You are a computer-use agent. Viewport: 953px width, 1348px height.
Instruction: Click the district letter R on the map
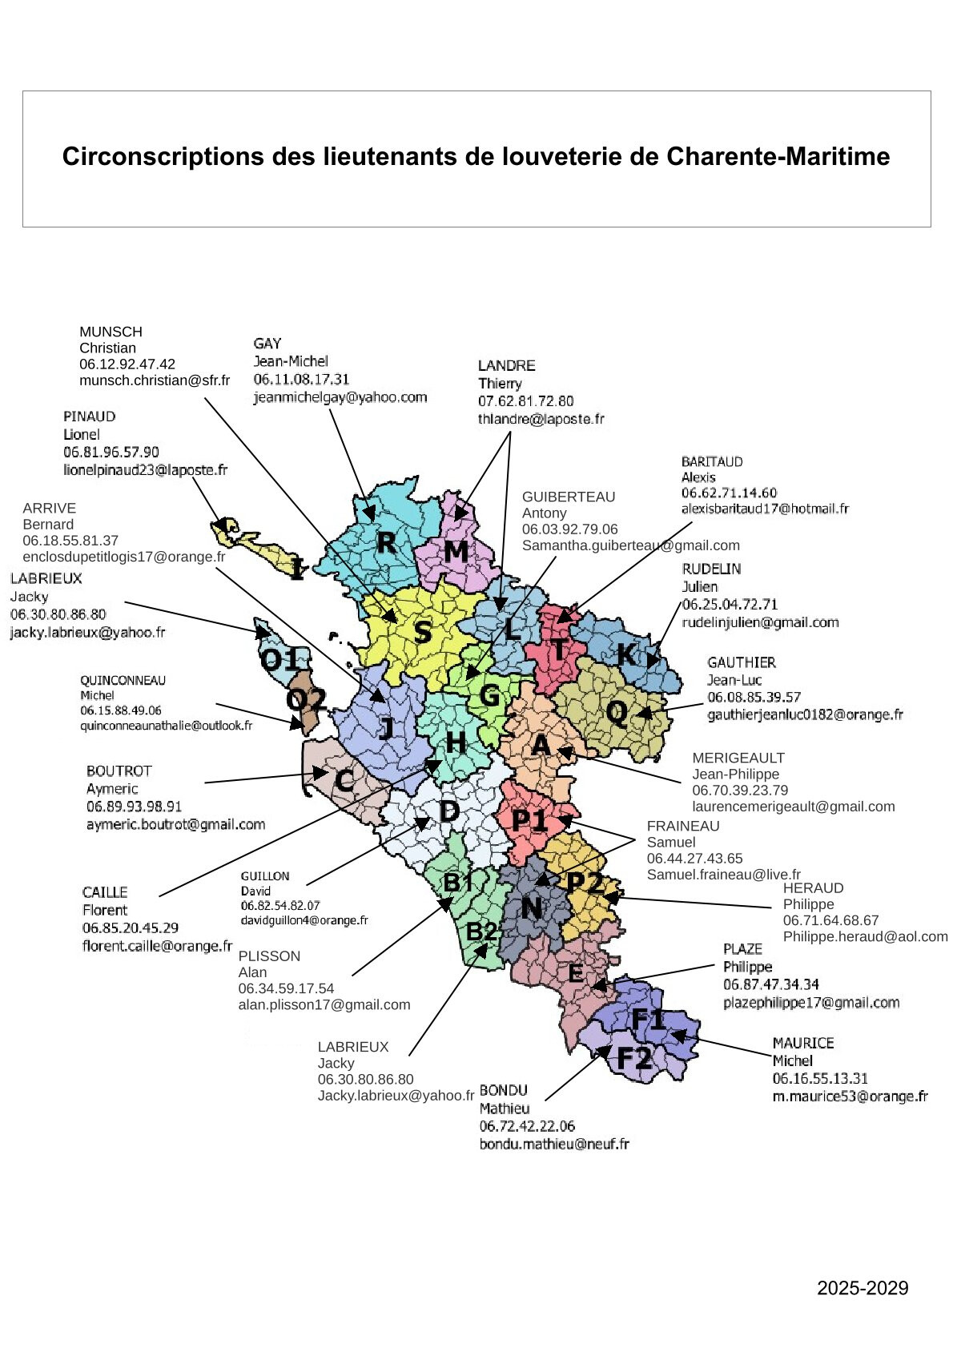386,542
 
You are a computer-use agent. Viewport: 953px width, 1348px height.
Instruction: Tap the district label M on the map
456,551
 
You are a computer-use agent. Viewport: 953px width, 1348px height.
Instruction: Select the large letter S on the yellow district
422,632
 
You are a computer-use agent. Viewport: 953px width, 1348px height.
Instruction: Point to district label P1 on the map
529,820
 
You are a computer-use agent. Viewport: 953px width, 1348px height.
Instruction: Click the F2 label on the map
634,1059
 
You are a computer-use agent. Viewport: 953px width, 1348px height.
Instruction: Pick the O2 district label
307,701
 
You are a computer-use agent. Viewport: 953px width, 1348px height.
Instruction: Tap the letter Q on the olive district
617,711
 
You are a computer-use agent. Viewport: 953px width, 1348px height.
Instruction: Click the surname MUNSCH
111,332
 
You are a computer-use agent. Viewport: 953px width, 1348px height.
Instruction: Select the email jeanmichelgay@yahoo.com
340,397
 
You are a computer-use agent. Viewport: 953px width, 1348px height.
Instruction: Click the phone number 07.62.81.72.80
526,400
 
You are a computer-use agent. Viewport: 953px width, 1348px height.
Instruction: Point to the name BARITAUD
712,461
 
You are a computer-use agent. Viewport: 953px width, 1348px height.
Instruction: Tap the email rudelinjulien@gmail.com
760,622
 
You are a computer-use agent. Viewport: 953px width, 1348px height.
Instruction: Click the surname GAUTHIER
742,662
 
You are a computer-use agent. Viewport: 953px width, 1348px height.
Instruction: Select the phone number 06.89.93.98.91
134,807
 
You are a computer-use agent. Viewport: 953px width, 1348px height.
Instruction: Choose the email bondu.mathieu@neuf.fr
554,1144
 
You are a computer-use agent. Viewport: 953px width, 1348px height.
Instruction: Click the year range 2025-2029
863,1288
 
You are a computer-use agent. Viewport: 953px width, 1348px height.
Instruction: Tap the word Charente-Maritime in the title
778,156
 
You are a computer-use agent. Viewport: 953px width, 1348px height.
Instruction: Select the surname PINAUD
90,416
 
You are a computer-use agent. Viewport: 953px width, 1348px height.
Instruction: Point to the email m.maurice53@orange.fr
850,1097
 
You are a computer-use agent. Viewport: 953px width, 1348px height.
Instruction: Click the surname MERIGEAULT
738,758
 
